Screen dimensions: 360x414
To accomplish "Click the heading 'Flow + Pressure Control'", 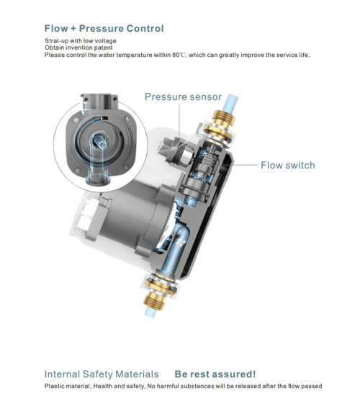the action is tap(104, 28).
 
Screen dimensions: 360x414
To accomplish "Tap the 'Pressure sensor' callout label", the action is tap(183, 97).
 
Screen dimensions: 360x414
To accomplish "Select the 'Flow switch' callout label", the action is tap(287, 166).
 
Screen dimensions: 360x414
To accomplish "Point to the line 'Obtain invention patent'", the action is tap(78, 48).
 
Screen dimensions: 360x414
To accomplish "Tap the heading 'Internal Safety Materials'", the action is tap(102, 374).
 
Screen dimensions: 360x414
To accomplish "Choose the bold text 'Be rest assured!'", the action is tap(215, 374).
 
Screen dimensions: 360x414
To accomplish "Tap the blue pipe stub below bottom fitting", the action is tap(150, 312).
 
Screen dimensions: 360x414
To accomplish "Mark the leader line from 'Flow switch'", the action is tap(239, 165).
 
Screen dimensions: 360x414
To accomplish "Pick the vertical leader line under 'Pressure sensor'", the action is tap(179, 120).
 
